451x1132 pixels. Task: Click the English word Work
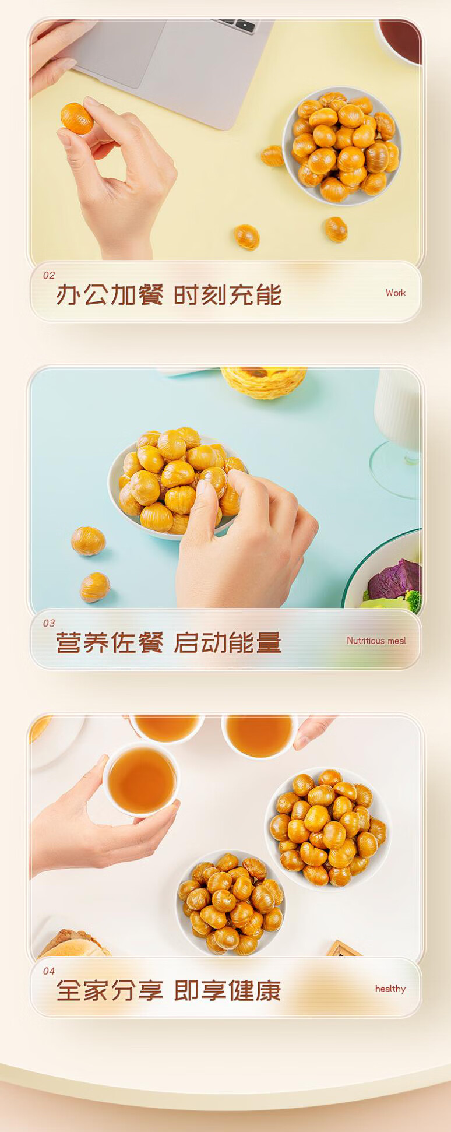(395, 293)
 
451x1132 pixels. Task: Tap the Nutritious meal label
(376, 641)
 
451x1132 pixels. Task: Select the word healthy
(390, 989)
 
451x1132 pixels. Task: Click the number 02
(49, 275)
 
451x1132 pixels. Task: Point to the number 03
(49, 623)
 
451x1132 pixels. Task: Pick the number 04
(49, 971)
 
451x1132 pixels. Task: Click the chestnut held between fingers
(77, 118)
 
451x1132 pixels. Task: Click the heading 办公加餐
(110, 295)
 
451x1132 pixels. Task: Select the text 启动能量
(227, 643)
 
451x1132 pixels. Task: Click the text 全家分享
(110, 991)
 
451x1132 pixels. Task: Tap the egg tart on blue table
(264, 382)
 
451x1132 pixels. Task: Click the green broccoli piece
(413, 601)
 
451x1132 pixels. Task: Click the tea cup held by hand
(141, 779)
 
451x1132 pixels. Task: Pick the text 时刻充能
(227, 295)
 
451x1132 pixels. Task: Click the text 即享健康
(227, 991)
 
